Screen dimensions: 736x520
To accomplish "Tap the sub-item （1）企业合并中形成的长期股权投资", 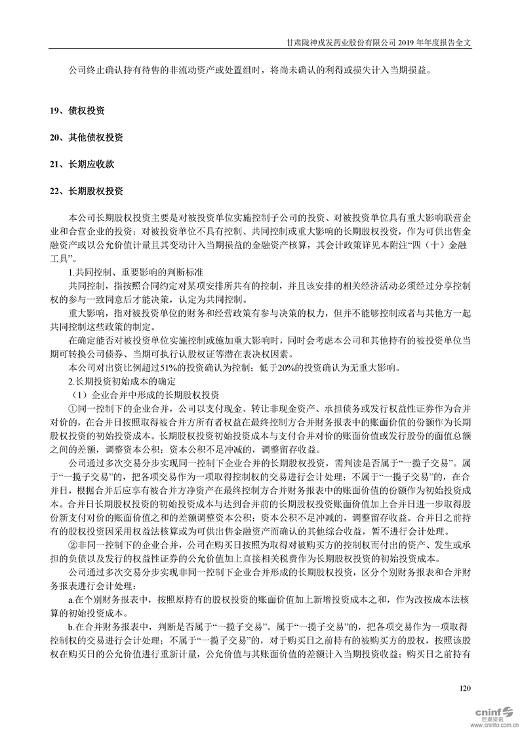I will coord(146,394).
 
